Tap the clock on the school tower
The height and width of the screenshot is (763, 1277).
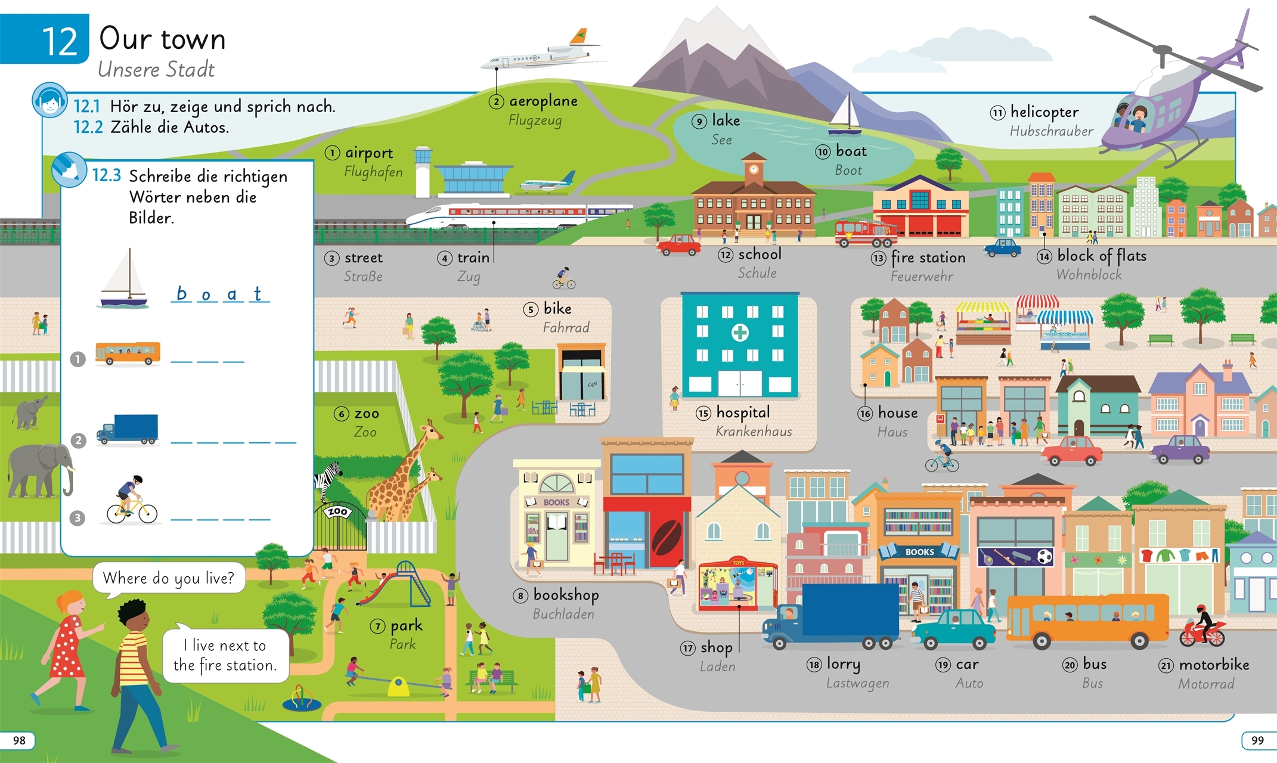pos(754,168)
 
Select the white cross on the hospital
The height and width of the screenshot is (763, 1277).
pos(740,332)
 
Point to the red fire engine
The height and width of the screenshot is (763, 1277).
pos(865,232)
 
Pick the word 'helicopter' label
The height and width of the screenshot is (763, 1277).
pos(1044,112)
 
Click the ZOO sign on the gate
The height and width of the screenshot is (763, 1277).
pos(338,511)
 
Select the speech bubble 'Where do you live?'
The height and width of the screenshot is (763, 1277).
pos(169,578)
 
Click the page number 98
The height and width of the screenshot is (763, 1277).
pos(19,740)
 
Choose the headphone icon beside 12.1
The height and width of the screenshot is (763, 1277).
pos(49,101)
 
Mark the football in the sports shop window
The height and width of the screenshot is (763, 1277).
pos(1044,557)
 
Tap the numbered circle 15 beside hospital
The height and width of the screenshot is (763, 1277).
pos(703,413)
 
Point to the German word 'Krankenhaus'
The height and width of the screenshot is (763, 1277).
pos(754,432)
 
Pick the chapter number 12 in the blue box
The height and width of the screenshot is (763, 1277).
pos(60,41)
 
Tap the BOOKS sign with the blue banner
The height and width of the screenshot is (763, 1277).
pos(919,552)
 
